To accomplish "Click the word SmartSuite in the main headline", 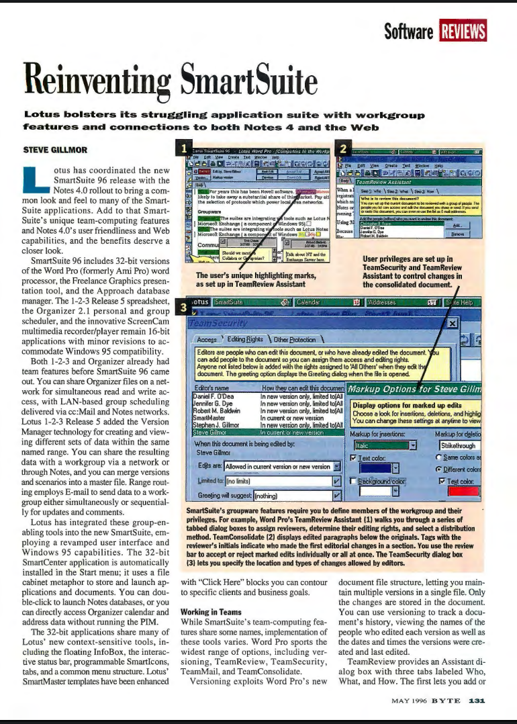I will tap(242, 82).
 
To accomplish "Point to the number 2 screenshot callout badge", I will tap(342, 148).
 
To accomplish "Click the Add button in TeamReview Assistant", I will tap(457, 226).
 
